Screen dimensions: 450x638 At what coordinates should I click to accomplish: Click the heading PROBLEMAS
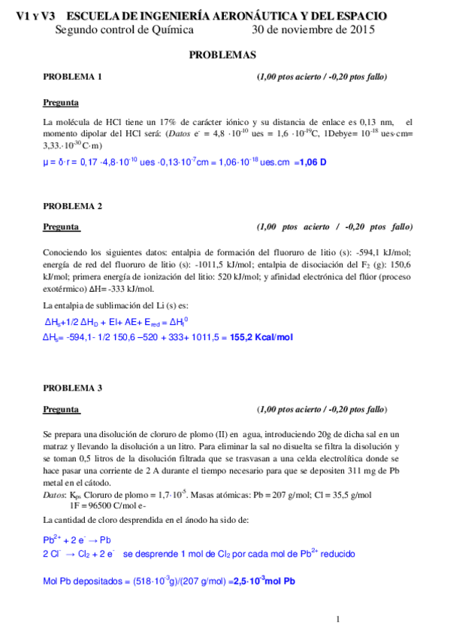point(222,55)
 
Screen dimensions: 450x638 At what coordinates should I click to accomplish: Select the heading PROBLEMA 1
point(72,77)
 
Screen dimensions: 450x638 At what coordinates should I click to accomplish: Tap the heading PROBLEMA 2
point(72,205)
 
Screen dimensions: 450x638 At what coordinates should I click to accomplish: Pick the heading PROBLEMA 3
point(72,388)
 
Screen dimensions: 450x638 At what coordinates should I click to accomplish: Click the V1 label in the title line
point(23,16)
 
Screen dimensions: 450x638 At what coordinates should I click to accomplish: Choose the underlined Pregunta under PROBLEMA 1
point(61,102)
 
